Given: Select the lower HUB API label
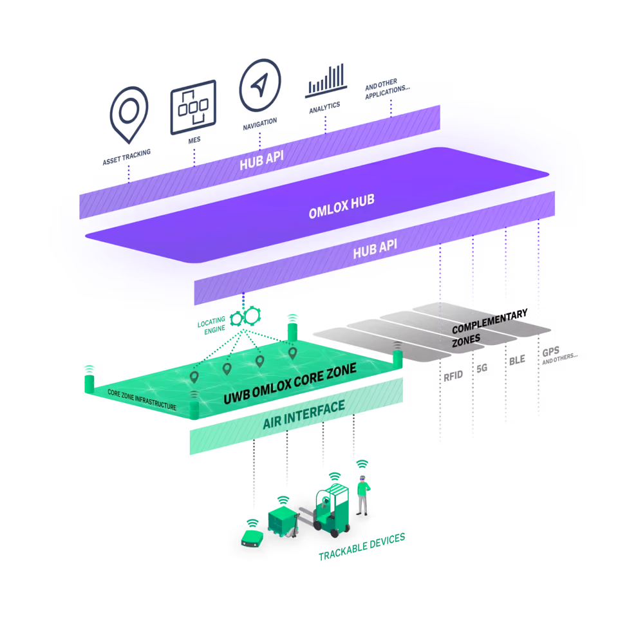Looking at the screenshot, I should click(x=375, y=248).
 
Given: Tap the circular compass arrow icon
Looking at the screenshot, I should click(x=260, y=89).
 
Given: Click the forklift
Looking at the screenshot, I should click(x=332, y=512).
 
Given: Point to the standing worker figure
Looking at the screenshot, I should click(x=363, y=494).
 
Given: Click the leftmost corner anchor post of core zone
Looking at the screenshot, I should click(x=89, y=382).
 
